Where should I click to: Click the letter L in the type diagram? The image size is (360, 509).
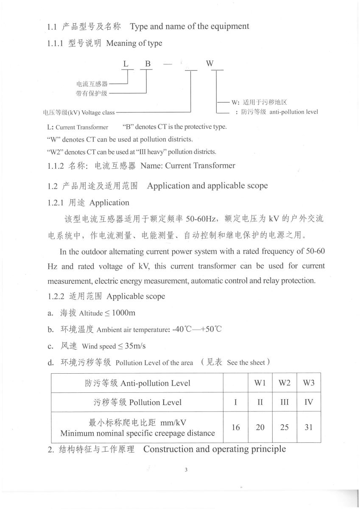(126, 64)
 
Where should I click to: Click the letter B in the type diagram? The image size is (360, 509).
(148, 64)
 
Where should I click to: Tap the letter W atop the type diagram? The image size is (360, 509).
(210, 64)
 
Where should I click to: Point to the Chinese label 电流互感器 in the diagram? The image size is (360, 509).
(92, 84)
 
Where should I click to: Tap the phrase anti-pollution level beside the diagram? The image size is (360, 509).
(293, 112)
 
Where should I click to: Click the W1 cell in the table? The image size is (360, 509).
(260, 383)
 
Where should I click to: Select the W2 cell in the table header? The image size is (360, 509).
(284, 383)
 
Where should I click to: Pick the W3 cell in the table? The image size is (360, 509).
(308, 383)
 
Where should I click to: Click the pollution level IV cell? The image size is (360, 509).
(308, 402)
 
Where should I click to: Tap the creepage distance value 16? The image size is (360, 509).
(236, 427)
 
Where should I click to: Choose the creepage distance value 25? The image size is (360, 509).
(284, 427)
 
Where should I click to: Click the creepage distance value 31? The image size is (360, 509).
(308, 427)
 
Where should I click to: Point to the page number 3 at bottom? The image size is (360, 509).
(186, 470)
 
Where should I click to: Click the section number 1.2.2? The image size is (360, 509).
(56, 296)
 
